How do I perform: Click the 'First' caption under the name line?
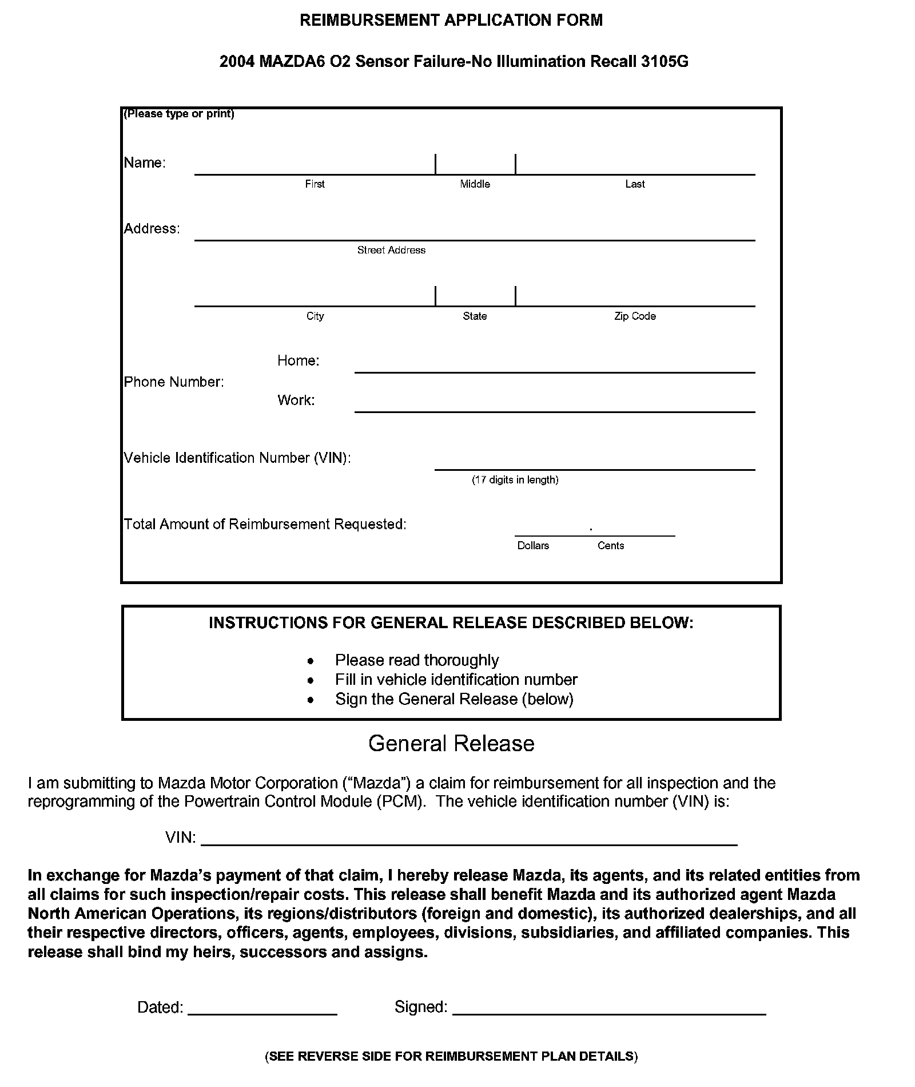coord(315,184)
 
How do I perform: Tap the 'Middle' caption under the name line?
coord(475,184)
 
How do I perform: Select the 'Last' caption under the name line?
coord(635,184)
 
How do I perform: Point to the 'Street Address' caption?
coord(391,250)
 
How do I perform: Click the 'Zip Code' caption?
coord(635,316)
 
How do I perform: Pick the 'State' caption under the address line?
coord(475,316)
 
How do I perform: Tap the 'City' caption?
coord(315,316)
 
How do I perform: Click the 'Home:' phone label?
coord(298,360)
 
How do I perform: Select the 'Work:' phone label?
coord(296,400)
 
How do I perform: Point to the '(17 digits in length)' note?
coord(515,480)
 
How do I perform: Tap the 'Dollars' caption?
coord(533,546)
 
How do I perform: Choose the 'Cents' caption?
coord(611,546)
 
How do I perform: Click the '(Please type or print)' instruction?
coord(179,114)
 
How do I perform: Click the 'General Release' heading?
coord(451,743)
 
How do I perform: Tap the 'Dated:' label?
coord(160,1007)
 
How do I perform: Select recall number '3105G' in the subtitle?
coord(665,62)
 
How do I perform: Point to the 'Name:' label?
coord(145,163)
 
